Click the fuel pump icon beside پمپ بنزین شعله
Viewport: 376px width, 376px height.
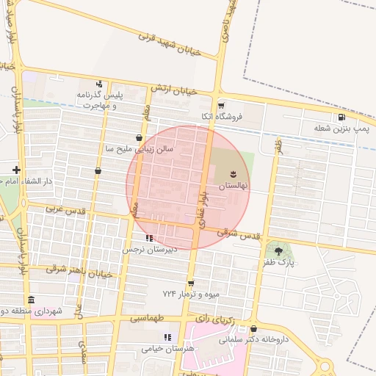click(x=341, y=117)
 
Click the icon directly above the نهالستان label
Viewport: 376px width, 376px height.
click(x=232, y=174)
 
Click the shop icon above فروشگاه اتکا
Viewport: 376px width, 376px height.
click(x=220, y=105)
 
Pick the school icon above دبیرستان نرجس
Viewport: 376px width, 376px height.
click(x=150, y=238)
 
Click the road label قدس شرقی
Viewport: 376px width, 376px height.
click(x=240, y=234)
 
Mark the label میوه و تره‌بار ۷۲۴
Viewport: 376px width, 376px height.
click(x=191, y=294)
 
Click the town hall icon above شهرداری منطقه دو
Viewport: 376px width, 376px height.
click(x=31, y=300)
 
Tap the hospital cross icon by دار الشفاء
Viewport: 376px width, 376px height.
click(x=16, y=170)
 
